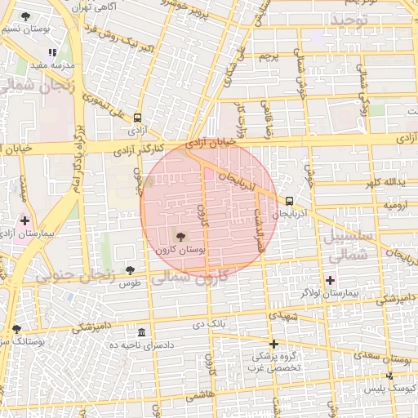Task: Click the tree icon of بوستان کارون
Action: click(x=180, y=236)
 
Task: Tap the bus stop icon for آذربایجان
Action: click(x=289, y=200)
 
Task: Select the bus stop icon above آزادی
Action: click(x=137, y=117)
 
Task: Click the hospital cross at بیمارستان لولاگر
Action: click(x=331, y=280)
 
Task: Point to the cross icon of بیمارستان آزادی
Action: click(x=25, y=220)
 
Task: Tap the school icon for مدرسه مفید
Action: click(x=53, y=52)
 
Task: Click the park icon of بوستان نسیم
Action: click(x=25, y=16)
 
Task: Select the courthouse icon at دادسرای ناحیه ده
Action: click(x=142, y=333)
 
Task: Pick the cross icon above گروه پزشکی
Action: click(x=274, y=344)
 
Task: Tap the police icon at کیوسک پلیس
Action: click(x=389, y=376)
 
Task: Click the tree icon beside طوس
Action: click(x=130, y=270)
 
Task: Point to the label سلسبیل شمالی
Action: click(x=359, y=246)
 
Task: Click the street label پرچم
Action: click(x=269, y=56)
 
